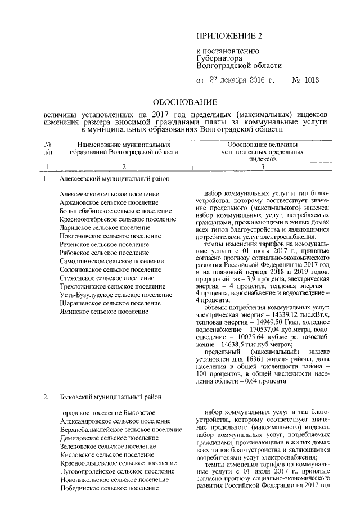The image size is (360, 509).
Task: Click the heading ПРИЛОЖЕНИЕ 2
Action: (229, 37)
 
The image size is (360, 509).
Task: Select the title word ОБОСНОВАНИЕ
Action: (186, 102)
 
